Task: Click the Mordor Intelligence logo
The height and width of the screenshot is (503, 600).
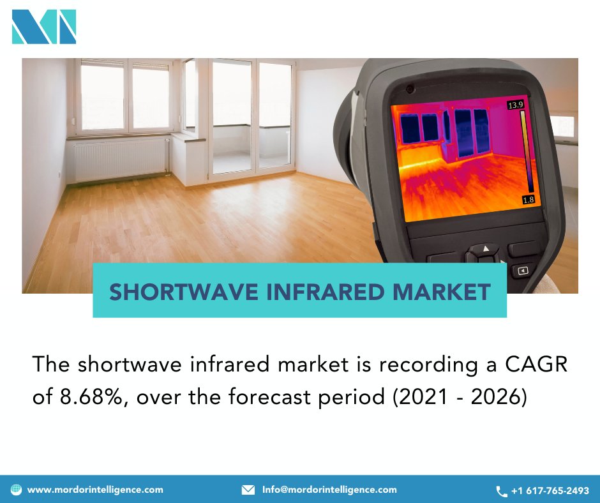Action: click(44, 27)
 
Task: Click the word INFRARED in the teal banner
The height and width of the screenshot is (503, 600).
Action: click(325, 292)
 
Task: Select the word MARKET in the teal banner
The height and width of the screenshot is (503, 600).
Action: click(442, 292)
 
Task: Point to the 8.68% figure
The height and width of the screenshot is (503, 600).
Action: click(86, 396)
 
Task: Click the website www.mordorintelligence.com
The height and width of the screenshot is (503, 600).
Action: click(95, 490)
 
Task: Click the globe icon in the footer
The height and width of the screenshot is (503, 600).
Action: click(16, 490)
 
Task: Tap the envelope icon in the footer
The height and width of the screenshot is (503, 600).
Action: click(248, 490)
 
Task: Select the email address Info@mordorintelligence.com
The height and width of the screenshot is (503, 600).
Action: click(329, 490)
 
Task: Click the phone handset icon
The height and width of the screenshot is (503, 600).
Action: click(502, 491)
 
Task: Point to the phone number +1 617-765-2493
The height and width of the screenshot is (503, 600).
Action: click(550, 491)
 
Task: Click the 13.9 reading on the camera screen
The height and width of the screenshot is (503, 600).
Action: click(515, 105)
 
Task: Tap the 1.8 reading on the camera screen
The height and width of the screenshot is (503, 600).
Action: click(529, 200)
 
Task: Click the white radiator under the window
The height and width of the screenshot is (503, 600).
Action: click(121, 160)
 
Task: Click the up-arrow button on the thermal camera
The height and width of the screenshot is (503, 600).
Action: click(486, 248)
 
